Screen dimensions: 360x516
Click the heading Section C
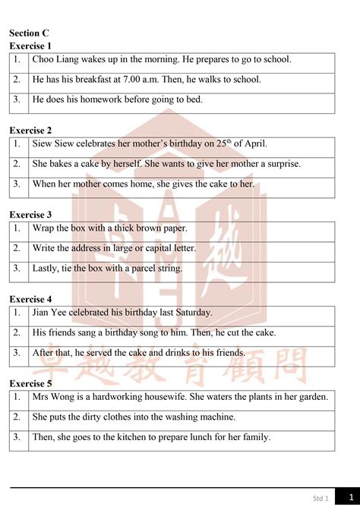(x=29, y=33)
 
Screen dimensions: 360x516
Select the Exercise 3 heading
(x=30, y=215)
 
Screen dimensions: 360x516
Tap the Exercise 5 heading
(x=30, y=383)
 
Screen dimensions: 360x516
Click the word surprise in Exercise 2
(x=280, y=163)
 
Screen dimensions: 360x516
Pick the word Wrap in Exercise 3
(x=44, y=228)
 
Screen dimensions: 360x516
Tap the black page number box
(x=348, y=498)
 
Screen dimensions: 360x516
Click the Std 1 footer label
(x=321, y=499)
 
